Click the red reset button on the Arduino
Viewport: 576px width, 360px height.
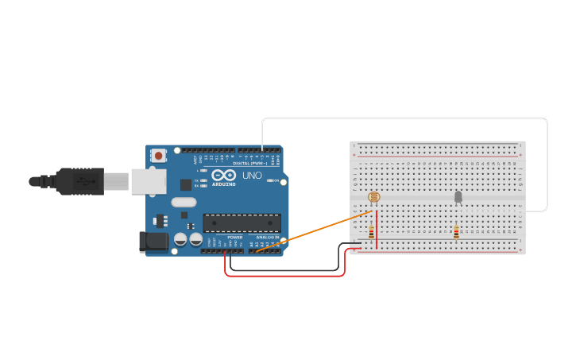tap(158, 156)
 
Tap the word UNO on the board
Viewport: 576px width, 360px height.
tap(252, 176)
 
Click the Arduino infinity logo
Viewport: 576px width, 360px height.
tap(223, 175)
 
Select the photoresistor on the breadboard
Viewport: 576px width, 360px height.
tap(374, 197)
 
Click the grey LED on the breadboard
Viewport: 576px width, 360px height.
tap(458, 196)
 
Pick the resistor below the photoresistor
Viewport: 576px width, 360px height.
tap(371, 232)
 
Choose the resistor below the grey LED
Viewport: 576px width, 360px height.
tap(456, 232)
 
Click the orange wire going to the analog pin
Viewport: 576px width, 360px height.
tap(318, 230)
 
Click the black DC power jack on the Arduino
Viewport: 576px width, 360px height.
tap(153, 242)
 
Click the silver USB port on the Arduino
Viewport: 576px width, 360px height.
tap(149, 181)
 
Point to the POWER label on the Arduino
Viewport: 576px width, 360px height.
tap(235, 237)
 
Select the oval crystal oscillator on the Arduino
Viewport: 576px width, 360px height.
tap(183, 202)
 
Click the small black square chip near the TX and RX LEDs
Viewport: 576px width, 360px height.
tap(186, 184)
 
